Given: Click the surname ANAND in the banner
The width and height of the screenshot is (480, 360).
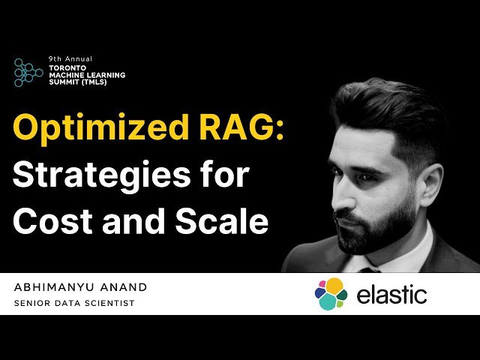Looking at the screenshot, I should click(123, 287).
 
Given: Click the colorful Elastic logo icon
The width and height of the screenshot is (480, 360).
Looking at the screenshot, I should click(331, 294).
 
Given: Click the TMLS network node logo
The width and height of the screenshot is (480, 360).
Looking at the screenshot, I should click(28, 72).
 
